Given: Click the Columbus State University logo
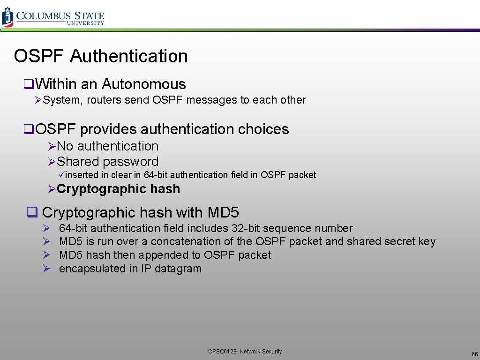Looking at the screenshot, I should tap(52, 17).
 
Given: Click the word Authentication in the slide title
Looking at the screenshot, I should tap(129, 56).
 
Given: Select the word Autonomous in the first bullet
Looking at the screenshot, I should tap(143, 84).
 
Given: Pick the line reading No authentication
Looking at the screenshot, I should tap(107, 146).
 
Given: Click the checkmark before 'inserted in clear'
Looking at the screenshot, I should tap(61, 175).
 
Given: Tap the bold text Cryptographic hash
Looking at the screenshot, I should tap(118, 189).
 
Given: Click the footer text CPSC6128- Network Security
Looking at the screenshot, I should tap(245, 352).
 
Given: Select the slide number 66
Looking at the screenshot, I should tap(474, 354).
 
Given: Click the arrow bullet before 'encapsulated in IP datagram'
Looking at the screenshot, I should tap(46, 269).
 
